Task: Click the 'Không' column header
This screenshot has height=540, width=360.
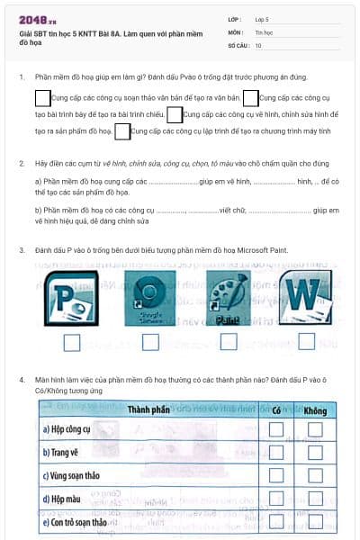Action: tap(314, 410)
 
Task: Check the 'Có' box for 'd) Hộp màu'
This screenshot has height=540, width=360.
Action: tap(276, 499)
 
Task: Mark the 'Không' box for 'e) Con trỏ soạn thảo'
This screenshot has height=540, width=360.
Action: tap(314, 522)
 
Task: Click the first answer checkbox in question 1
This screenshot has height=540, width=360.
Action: tap(42, 97)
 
